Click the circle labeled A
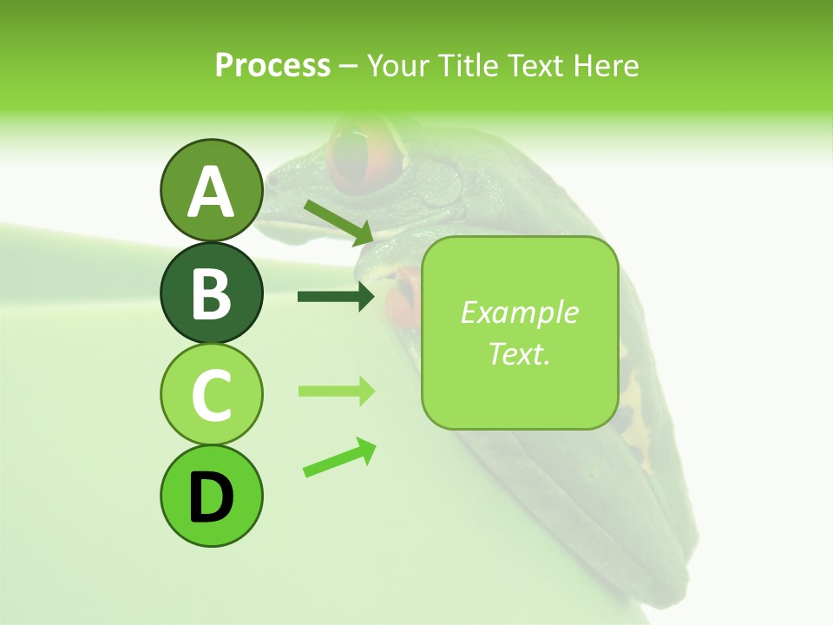[x=211, y=190]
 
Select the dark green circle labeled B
[x=211, y=292]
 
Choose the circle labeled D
[x=211, y=496]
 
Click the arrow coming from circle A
[x=339, y=221]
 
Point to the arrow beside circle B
[x=336, y=297]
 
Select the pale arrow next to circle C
[x=336, y=391]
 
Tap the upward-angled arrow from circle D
[x=339, y=458]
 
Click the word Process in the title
[x=272, y=65]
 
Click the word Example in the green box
[x=519, y=312]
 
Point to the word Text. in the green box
[x=519, y=353]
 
